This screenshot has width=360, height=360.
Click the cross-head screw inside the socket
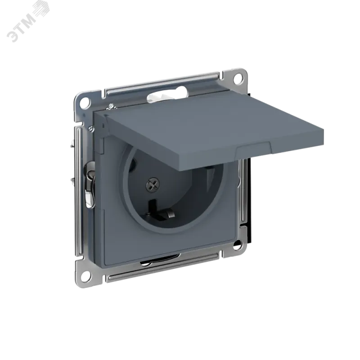pyautogui.click(x=153, y=184)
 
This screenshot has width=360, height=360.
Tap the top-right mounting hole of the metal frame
pyautogui.click(x=238, y=78)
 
